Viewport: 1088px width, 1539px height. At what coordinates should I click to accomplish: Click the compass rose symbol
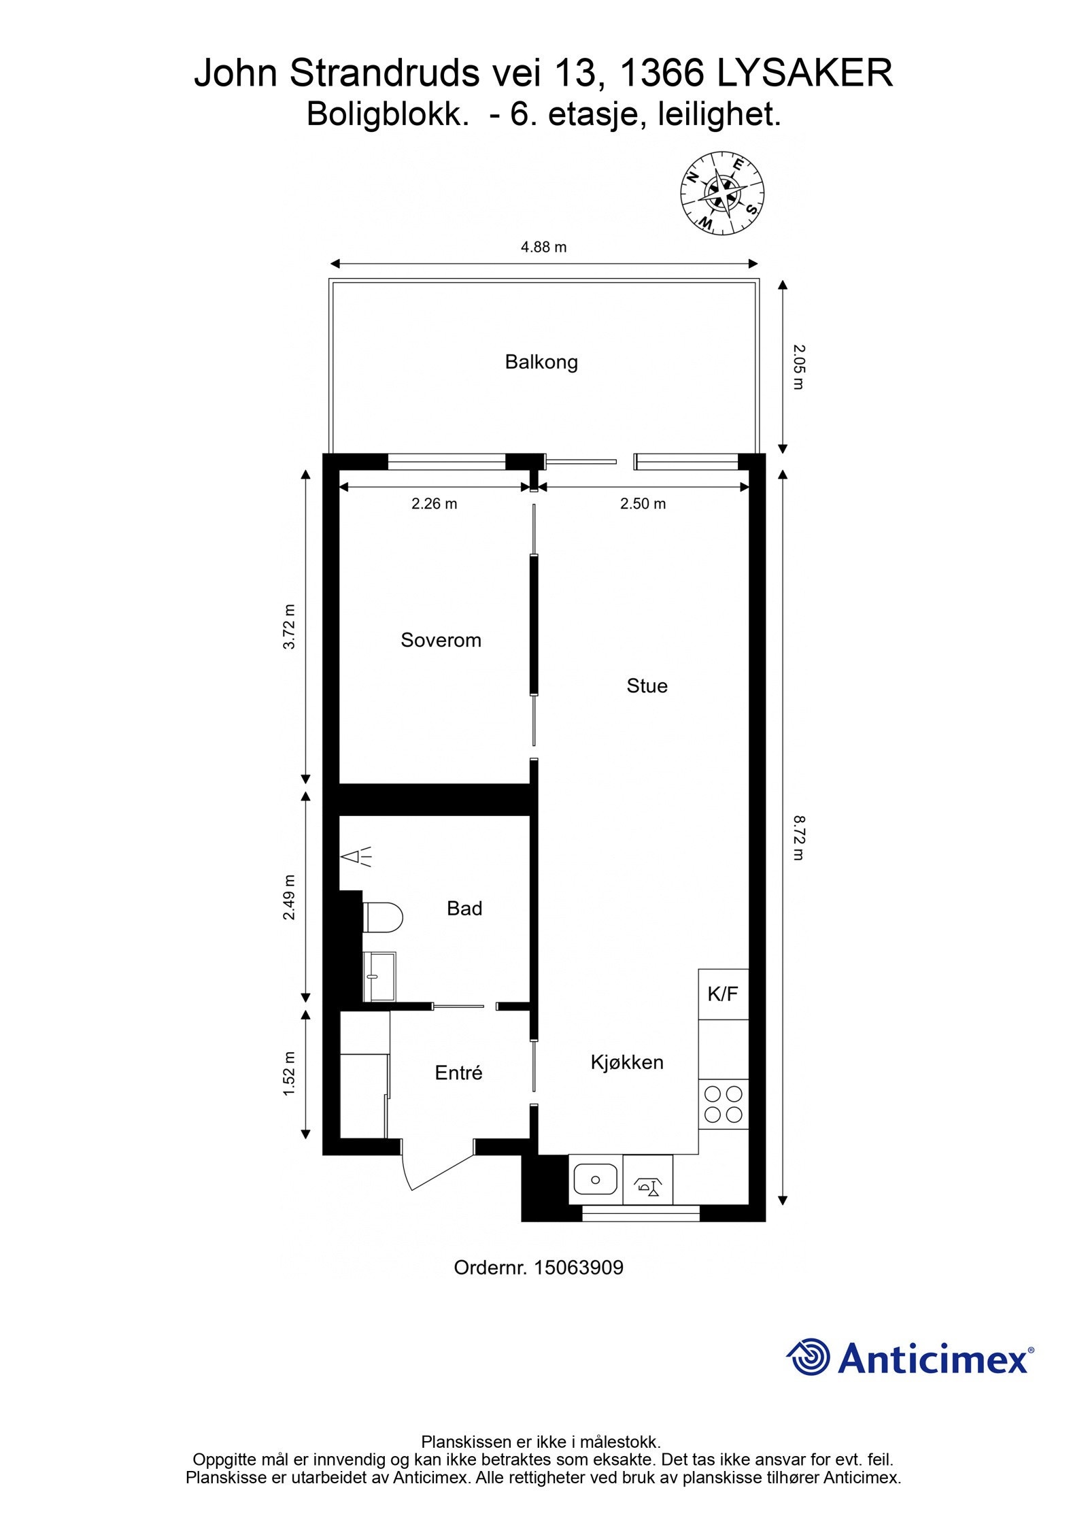(x=722, y=193)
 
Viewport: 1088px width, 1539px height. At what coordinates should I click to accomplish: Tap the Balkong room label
(x=541, y=362)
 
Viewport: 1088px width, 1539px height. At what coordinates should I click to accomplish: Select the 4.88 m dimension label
(x=543, y=247)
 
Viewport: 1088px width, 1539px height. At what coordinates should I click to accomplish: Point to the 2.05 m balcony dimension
(x=798, y=367)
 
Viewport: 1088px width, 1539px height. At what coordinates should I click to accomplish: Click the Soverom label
(x=441, y=640)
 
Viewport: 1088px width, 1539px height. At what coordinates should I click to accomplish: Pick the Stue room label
(x=647, y=686)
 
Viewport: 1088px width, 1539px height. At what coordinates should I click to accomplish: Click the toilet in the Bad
(x=383, y=917)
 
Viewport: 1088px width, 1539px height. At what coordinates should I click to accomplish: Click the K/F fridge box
(x=723, y=994)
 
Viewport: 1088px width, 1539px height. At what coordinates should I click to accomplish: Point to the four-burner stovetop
(x=723, y=1104)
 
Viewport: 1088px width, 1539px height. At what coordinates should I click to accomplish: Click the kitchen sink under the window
(x=595, y=1179)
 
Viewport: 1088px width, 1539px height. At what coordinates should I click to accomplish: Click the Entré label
(x=458, y=1073)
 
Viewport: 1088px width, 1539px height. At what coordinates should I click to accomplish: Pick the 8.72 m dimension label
(x=798, y=838)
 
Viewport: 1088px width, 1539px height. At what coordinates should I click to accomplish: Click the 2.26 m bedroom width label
(x=434, y=504)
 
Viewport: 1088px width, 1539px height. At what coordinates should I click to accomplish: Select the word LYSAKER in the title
(x=804, y=73)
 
